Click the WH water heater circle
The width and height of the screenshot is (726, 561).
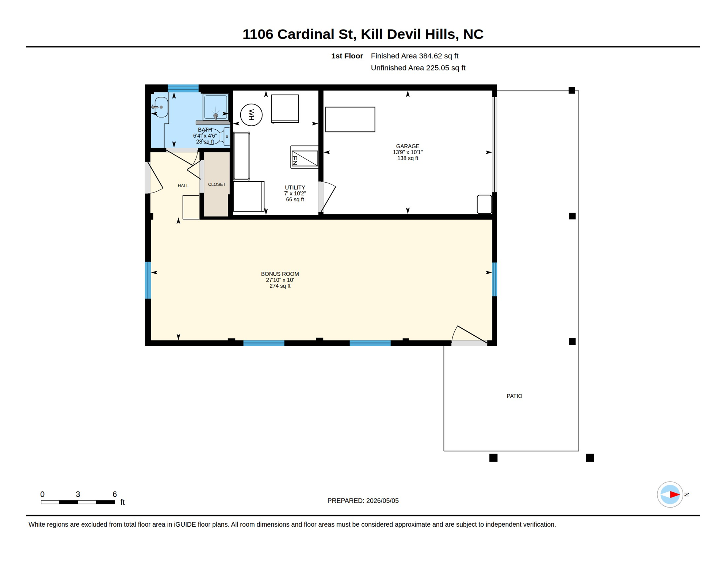pos(251,115)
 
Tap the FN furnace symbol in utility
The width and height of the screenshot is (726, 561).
pos(304,157)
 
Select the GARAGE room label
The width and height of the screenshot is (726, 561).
pos(408,146)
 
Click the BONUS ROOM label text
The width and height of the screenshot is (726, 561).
pos(280,274)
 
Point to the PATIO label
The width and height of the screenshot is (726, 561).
pos(514,396)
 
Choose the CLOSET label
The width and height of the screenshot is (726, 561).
pos(217,184)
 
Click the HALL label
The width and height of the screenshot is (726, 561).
pos(183,186)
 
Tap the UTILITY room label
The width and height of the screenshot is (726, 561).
pos(295,187)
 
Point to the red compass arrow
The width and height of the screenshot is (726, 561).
pos(675,495)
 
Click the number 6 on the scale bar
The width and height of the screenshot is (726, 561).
pos(114,494)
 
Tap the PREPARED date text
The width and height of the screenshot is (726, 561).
pos(363,501)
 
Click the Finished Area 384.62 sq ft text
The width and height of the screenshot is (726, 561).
pos(414,56)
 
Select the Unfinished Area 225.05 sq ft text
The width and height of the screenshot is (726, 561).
pos(418,68)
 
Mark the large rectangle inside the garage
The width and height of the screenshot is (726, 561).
pos(350,119)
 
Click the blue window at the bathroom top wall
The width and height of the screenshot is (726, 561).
pos(183,88)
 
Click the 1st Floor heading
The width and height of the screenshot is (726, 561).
pos(347,56)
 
